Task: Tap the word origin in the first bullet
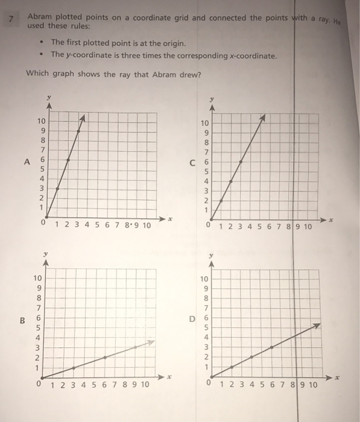click(172, 43)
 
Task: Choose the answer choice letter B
click(23, 320)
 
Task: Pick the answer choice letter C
click(192, 162)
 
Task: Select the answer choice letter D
click(192, 318)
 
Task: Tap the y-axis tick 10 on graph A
click(40, 122)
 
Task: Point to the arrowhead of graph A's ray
click(84, 118)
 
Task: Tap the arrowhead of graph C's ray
click(262, 119)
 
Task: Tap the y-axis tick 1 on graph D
click(206, 367)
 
